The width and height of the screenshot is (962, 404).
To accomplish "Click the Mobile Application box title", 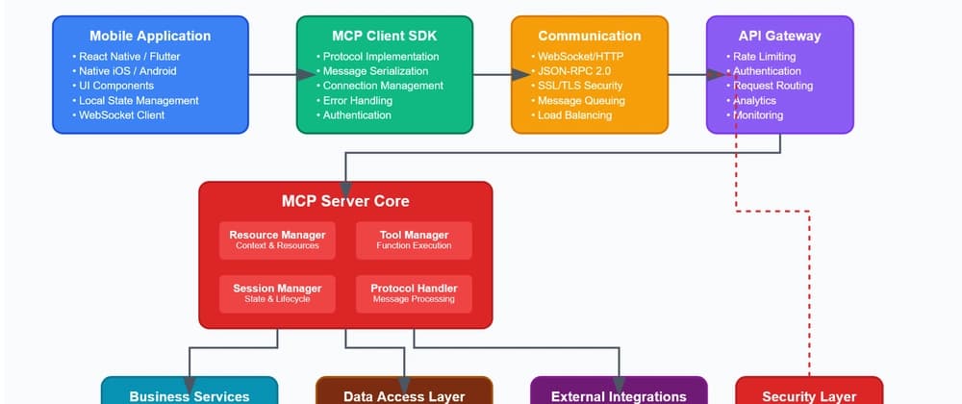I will (150, 37).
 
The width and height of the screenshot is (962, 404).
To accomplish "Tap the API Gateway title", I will (779, 37).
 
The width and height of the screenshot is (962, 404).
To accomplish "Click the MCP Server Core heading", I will (345, 201).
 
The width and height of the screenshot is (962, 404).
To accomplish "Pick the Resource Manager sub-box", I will (277, 240).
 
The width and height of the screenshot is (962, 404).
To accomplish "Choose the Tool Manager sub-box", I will (414, 240).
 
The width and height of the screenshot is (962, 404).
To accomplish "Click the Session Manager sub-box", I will (277, 292).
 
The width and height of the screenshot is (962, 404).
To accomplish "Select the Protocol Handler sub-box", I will (414, 292).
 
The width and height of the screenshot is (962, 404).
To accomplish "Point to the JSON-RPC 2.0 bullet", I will (576, 71).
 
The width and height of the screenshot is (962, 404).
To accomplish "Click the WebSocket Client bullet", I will (122, 115).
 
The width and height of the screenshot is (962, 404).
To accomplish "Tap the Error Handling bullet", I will (357, 101).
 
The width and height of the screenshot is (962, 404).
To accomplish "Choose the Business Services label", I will (190, 396).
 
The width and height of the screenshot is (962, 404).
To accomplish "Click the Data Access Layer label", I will (404, 396).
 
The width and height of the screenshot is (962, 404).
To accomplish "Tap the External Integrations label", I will (619, 396).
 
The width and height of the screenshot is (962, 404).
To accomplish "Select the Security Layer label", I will (809, 396).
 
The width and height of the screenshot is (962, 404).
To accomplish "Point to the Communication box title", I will (590, 37).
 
